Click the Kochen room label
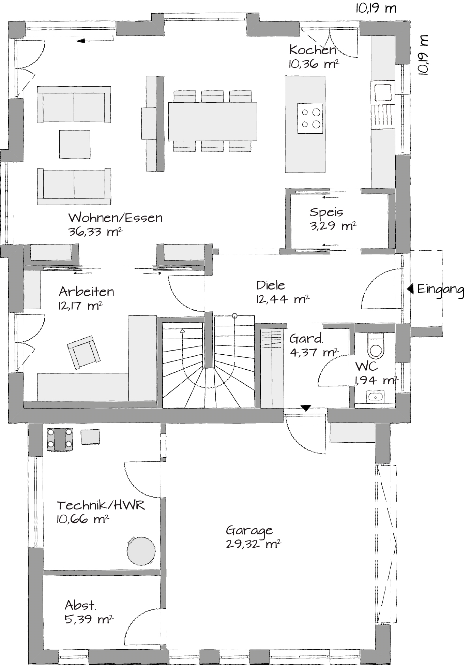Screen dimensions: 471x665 (x=313, y=50)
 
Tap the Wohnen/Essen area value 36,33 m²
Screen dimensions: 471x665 (x=95, y=232)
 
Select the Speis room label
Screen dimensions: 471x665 (x=326, y=212)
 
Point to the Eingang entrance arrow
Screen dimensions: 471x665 (x=410, y=289)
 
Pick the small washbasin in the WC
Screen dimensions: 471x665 (x=375, y=397)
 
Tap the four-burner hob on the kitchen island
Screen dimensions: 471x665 (x=310, y=118)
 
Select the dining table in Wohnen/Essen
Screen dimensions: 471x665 (x=213, y=121)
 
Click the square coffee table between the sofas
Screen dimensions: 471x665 (x=75, y=144)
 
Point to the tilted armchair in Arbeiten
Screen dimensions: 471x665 (x=84, y=352)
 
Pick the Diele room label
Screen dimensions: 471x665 (x=271, y=285)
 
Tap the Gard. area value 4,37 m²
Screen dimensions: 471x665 (x=314, y=352)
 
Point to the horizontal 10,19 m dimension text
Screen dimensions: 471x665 (x=376, y=8)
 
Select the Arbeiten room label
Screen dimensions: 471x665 (x=86, y=292)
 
